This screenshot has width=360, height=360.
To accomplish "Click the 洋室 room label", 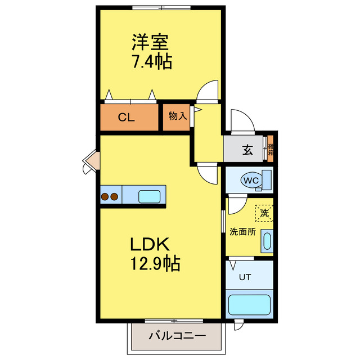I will click(x=150, y=42).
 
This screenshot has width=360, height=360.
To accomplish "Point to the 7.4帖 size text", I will click(x=151, y=61).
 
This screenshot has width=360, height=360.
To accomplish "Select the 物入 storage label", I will click(x=177, y=116).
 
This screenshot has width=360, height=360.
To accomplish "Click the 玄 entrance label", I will click(x=247, y=150).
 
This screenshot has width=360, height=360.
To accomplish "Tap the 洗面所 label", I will click(x=242, y=231).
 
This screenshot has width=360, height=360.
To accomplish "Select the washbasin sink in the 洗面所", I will click(x=267, y=241).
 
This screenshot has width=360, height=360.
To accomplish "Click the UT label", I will click(x=244, y=277).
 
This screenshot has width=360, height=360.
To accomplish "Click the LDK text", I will click(x=150, y=245).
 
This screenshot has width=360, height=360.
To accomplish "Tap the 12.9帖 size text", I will click(x=156, y=263).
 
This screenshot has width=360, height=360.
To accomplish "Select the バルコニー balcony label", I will click(x=178, y=336).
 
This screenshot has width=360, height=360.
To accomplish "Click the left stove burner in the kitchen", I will click(x=105, y=197).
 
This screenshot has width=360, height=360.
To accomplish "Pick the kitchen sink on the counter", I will click(x=150, y=196).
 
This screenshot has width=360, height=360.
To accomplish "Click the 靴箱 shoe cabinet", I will click(x=270, y=148).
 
